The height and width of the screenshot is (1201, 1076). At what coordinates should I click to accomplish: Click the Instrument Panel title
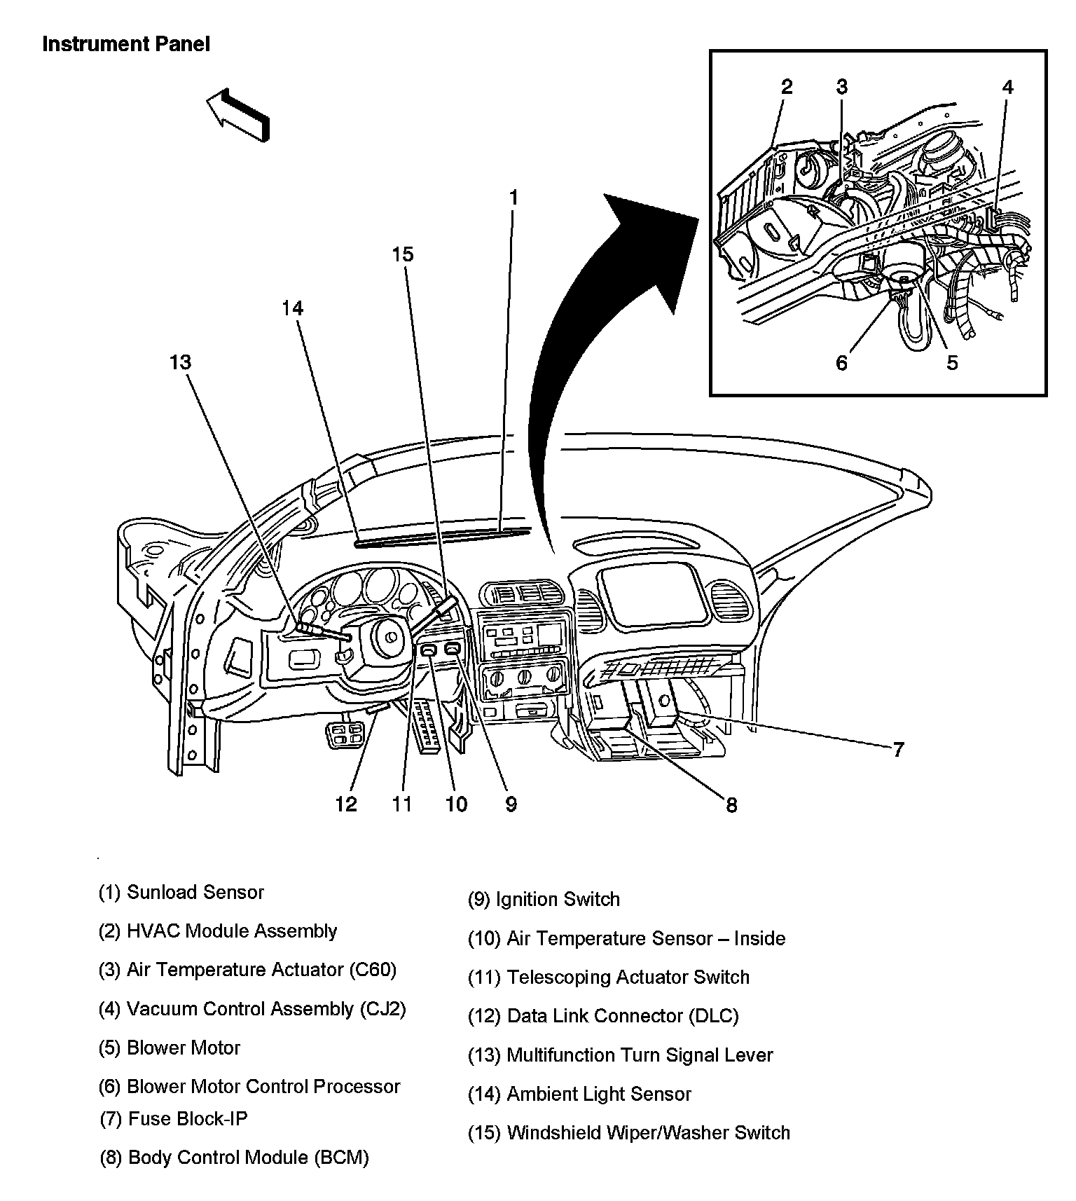pyautogui.click(x=126, y=44)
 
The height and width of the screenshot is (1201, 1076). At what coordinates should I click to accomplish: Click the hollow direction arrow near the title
pyautogui.click(x=237, y=114)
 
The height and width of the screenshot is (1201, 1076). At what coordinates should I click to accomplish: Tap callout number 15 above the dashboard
pyautogui.click(x=403, y=254)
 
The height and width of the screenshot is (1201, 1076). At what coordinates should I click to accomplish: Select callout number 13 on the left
pyautogui.click(x=180, y=362)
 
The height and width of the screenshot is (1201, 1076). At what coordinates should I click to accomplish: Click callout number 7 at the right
pyautogui.click(x=898, y=750)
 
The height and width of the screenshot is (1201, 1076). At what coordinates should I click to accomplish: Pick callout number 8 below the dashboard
pyautogui.click(x=731, y=806)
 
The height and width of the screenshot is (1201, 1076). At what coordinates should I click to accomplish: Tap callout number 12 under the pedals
pyautogui.click(x=346, y=804)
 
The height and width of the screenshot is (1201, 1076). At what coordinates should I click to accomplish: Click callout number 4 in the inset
pyautogui.click(x=1007, y=87)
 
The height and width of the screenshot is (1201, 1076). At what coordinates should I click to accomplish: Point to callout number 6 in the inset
pyautogui.click(x=841, y=363)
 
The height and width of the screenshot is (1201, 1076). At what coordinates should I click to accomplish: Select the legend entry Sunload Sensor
pyautogui.click(x=181, y=893)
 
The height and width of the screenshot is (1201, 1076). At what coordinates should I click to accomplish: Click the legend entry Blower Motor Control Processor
pyautogui.click(x=249, y=1087)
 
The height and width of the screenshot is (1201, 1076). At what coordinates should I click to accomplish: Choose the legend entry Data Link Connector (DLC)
pyautogui.click(x=603, y=1016)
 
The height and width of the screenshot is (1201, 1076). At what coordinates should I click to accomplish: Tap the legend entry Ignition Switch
pyautogui.click(x=544, y=900)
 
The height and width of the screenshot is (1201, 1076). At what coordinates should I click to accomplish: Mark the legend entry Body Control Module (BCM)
pyautogui.click(x=235, y=1158)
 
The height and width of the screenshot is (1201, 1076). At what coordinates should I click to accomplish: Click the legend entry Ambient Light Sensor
pyautogui.click(x=579, y=1094)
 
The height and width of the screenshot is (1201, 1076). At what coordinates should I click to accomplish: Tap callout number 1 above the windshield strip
pyautogui.click(x=513, y=198)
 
